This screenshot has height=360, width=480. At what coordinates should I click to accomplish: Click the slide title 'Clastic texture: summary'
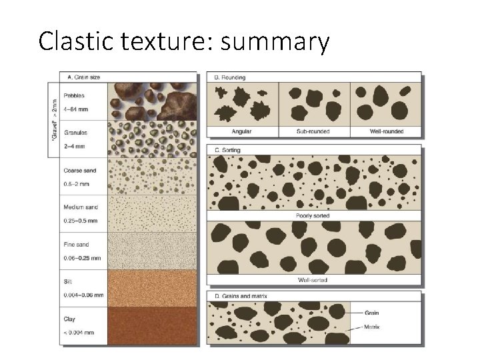tap(184, 41)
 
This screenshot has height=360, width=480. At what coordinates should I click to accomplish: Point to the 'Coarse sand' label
tap(79, 170)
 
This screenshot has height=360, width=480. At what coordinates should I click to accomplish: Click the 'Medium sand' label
tap(81, 207)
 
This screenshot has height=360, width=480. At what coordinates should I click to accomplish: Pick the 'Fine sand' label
tap(76, 245)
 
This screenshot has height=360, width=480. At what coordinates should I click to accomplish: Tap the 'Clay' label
tap(69, 319)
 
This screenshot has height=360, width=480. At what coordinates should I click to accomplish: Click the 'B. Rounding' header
tap(229, 77)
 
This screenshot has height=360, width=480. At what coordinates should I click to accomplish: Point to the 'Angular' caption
tap(242, 131)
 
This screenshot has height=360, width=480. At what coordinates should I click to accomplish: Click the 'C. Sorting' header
tap(227, 150)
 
